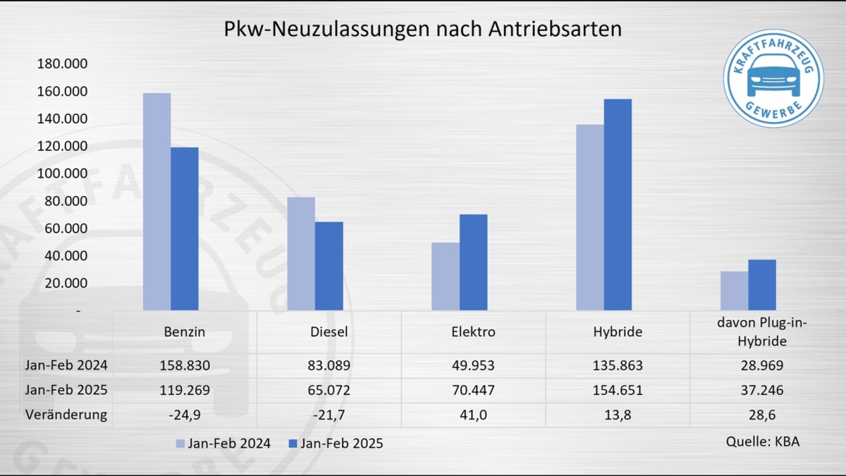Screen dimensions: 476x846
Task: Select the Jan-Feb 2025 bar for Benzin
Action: (185, 228)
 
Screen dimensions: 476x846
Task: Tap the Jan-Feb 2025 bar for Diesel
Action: (329, 266)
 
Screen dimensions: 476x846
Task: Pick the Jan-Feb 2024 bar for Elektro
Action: (446, 276)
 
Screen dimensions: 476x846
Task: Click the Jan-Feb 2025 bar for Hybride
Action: (618, 205)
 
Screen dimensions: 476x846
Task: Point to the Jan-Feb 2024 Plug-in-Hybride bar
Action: (734, 291)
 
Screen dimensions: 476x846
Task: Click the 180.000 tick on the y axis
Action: (63, 64)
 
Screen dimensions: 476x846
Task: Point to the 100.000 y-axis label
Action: (63, 173)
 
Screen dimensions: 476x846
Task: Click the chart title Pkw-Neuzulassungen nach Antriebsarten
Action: (422, 29)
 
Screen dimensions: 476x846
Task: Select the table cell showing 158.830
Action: (184, 365)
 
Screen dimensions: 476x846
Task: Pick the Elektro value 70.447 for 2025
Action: (473, 390)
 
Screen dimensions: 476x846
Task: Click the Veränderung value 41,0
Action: (473, 415)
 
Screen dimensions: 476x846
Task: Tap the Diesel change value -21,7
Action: (329, 415)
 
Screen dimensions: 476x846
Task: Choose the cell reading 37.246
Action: (762, 390)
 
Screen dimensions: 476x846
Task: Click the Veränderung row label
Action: (67, 415)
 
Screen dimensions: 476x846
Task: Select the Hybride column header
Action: (618, 332)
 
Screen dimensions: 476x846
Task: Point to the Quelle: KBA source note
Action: (763, 441)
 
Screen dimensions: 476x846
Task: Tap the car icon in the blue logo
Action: (773, 76)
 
